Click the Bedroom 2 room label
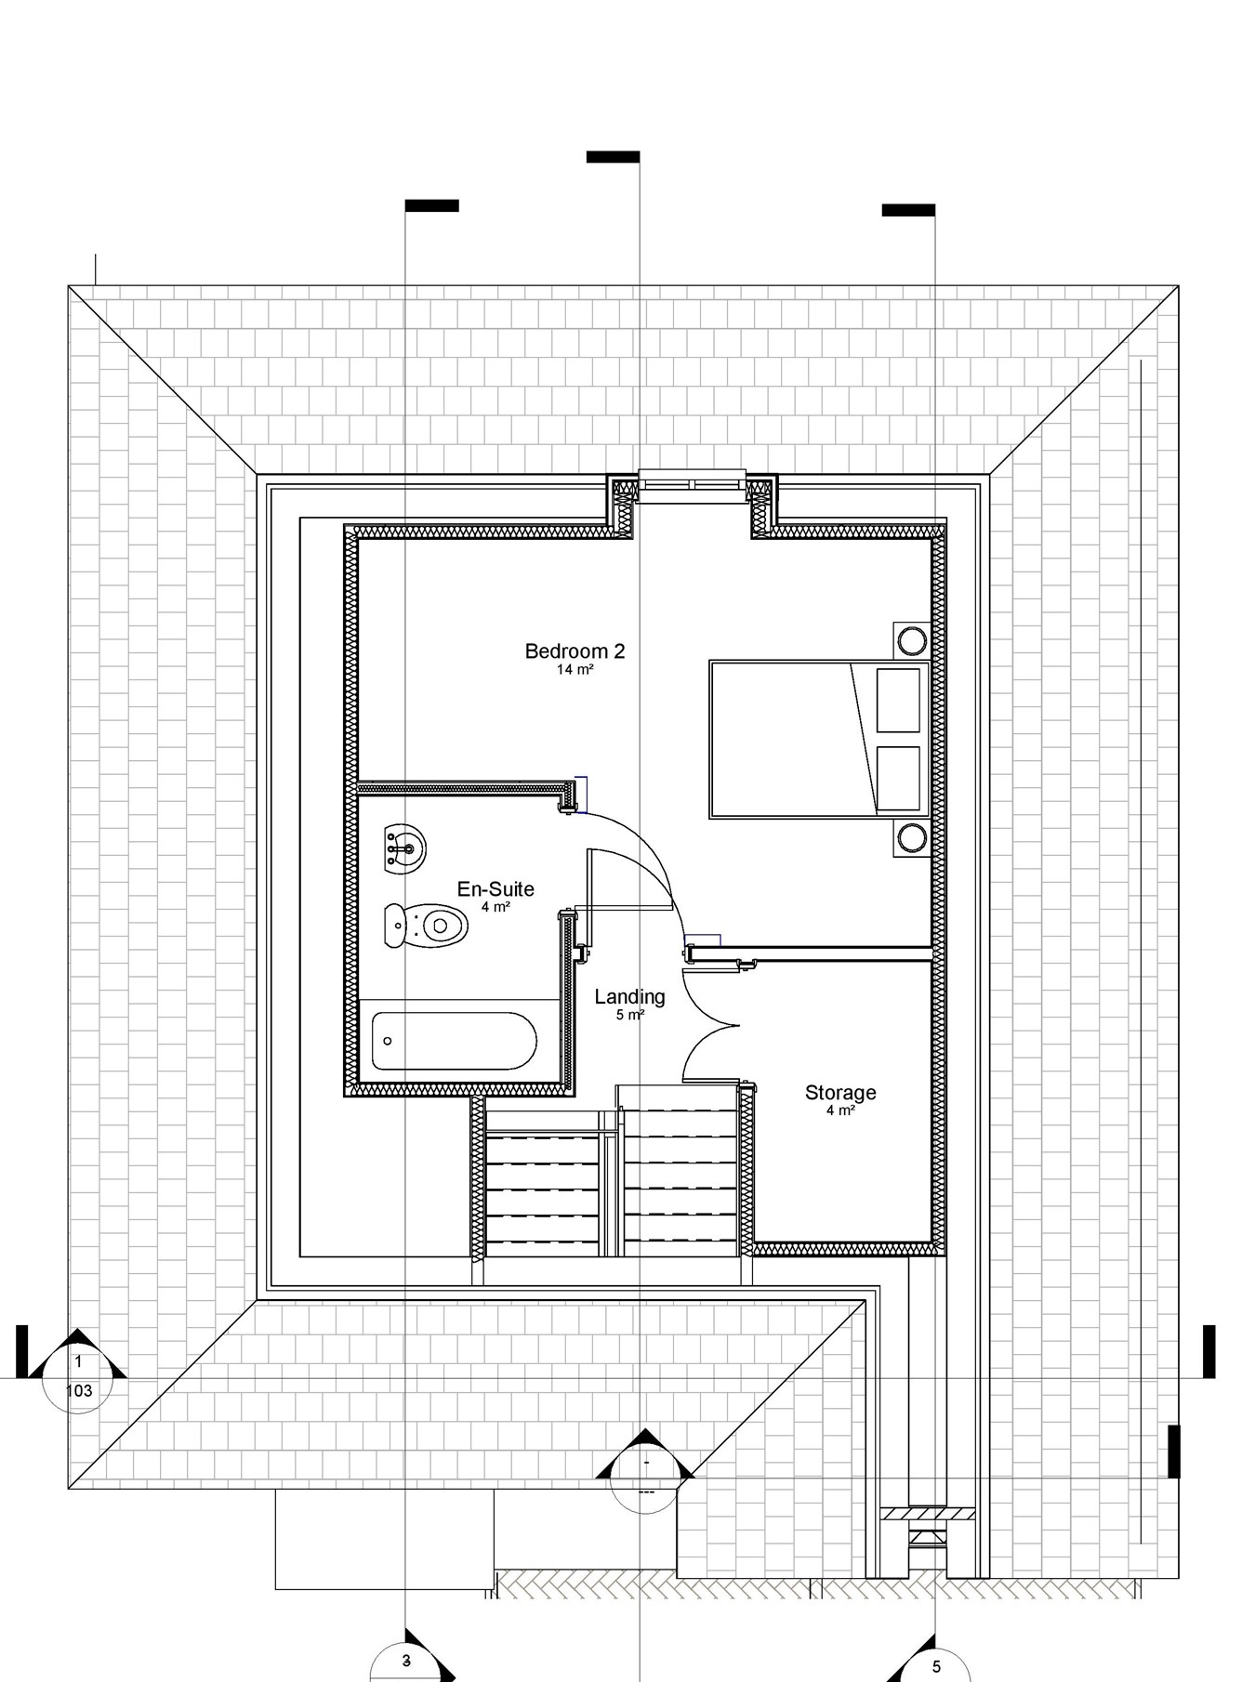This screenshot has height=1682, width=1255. tap(575, 650)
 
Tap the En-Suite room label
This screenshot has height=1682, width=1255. tap(495, 889)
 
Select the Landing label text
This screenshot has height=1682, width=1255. tap(629, 996)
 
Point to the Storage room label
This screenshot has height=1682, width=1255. tap(840, 1092)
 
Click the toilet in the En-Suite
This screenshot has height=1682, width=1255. tap(427, 926)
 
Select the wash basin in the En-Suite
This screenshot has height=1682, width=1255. tap(404, 848)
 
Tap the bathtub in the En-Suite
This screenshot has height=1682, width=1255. tap(454, 1041)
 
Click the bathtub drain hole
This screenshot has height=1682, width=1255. tap(388, 1041)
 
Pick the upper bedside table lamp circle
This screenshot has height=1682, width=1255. tap(912, 640)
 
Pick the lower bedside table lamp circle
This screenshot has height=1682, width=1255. tap(912, 838)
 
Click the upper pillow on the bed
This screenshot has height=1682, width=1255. tap(898, 700)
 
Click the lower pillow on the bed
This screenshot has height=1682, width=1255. tap(898, 778)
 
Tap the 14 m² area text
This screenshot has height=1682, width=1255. tap(575, 669)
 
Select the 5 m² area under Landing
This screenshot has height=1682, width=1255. tap(629, 1015)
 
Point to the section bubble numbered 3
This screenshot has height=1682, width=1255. tap(406, 1662)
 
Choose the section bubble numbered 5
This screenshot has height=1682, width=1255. tap(935, 1667)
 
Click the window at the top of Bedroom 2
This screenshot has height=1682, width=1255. tap(692, 485)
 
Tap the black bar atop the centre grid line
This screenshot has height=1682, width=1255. tap(613, 157)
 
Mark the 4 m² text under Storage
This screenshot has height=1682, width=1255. tap(840, 1110)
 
